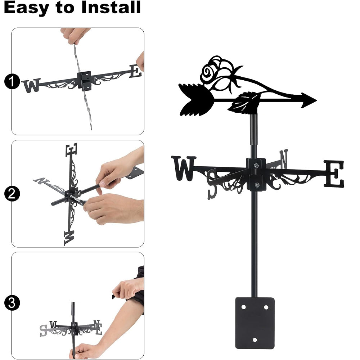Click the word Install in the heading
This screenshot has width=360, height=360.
point(111,7)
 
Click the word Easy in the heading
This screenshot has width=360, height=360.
point(27,8)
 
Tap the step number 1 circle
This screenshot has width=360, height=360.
point(12,81)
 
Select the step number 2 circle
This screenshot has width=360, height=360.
point(12,194)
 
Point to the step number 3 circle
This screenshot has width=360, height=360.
point(12,303)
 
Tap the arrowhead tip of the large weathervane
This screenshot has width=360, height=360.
point(317,100)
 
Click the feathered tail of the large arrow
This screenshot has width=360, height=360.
point(196,100)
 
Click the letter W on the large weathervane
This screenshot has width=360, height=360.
point(184,168)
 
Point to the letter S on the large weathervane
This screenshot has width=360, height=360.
point(212,184)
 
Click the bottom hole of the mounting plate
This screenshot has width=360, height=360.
point(255,340)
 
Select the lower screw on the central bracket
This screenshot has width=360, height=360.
point(257,185)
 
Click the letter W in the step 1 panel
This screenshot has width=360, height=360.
point(31,85)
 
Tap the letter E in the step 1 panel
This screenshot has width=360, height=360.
point(135,71)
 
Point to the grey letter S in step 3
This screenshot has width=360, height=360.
point(43,331)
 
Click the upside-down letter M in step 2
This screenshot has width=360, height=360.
point(69,238)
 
